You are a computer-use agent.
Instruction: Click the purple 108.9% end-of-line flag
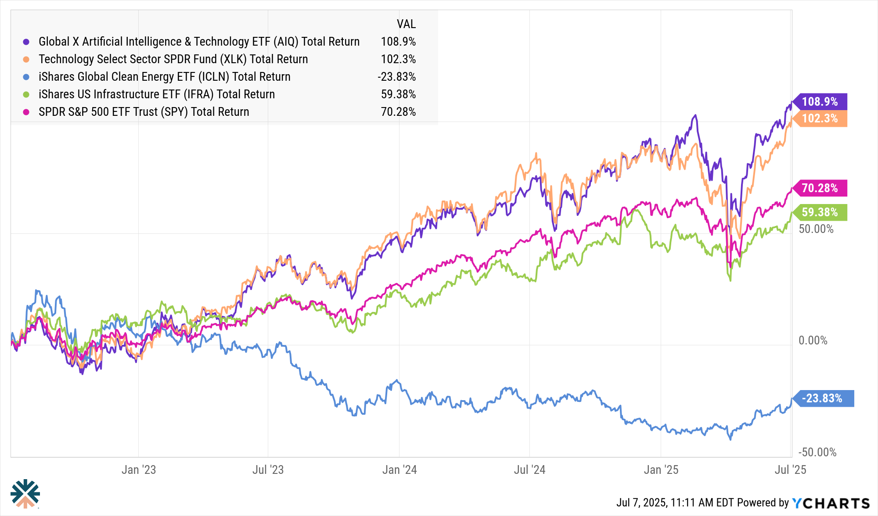820,102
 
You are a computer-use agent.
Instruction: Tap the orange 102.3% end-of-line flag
820,118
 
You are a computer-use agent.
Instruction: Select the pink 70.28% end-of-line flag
820,188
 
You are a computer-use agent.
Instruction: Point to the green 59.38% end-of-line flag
820,212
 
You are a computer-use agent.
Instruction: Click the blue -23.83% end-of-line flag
822,398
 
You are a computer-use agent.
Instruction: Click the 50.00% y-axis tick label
816,229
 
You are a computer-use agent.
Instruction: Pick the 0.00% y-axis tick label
813,340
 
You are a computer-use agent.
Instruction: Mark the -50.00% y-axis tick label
817,452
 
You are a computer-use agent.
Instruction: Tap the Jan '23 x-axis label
139,470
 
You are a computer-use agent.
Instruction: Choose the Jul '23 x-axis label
268,470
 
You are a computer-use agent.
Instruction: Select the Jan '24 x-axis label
399,470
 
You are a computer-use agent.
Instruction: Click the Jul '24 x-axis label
529,470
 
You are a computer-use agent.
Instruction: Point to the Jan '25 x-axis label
661,470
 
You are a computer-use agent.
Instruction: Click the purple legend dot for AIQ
26,42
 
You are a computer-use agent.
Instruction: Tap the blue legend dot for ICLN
26,77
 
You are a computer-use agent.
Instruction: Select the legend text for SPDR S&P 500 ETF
144,112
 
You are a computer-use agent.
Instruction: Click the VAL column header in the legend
406,24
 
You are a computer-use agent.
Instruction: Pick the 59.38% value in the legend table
398,94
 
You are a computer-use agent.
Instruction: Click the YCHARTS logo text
831,503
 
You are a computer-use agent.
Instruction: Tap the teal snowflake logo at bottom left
25,493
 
